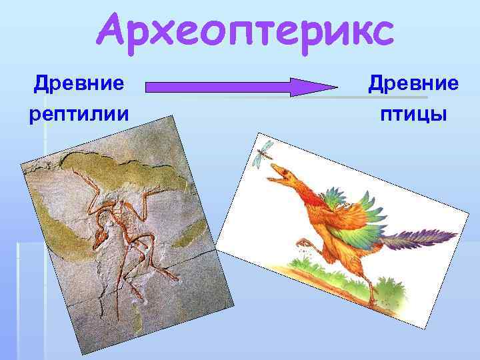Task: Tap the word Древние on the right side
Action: click(x=413, y=85)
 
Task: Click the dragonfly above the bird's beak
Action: click(x=264, y=152)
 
